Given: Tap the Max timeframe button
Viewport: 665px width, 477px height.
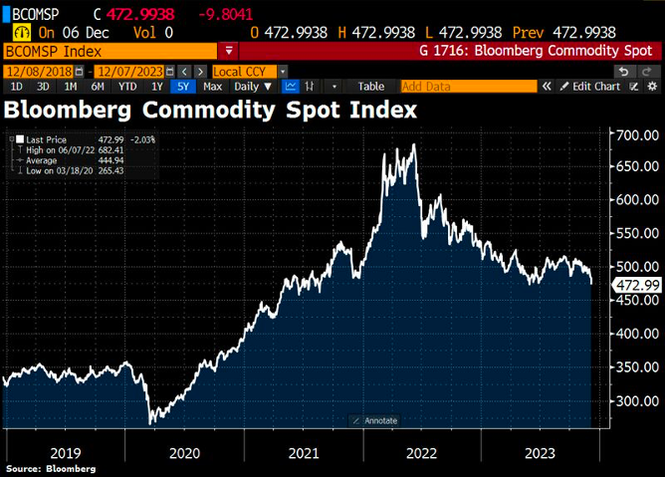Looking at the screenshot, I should pos(212,87).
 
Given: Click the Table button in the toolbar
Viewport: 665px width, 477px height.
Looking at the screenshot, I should pos(370,87).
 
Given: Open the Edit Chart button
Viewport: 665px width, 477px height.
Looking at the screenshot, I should pos(593,87).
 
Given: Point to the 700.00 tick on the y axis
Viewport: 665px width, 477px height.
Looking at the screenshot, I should pos(637,134).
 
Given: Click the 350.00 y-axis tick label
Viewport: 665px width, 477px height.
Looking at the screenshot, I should pos(637,367).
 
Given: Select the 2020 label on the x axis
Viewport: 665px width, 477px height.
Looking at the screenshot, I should pos(183,452).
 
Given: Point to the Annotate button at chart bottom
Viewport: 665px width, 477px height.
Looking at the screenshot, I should pos(375,420).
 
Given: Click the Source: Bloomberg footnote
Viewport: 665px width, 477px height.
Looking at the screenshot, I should pos(51,469).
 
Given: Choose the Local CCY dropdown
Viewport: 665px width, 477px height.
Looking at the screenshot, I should pos(250,72).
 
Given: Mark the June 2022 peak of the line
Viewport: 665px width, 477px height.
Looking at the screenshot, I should pos(412,144).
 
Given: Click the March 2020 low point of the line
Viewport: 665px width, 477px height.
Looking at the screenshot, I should pos(152,424).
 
